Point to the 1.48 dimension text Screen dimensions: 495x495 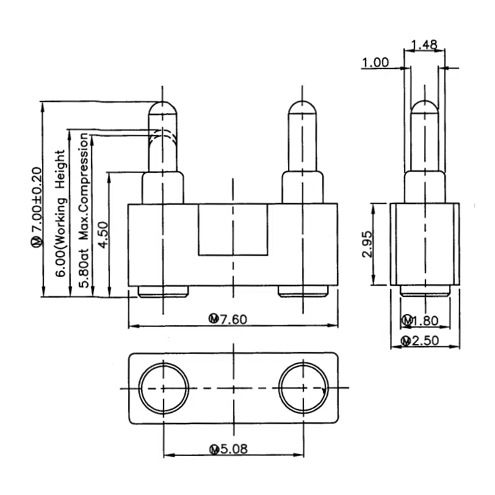point(425,45)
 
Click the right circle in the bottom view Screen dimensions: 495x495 point(303,387)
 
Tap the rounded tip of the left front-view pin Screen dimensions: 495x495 point(163,109)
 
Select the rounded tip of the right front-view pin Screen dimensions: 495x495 point(303,109)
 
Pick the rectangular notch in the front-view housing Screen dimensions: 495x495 point(233,229)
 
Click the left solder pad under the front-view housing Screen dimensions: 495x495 point(164,291)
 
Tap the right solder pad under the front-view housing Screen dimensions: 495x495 point(303,291)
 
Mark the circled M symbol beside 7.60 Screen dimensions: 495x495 point(214,318)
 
